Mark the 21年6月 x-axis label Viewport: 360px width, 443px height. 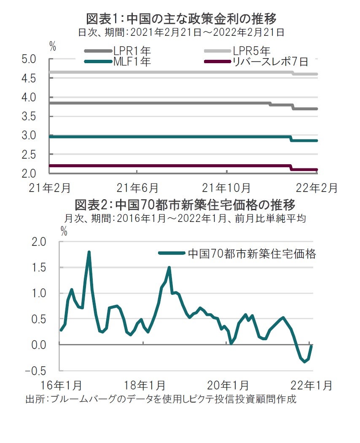coord(137,187)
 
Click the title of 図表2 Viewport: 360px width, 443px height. coord(185,205)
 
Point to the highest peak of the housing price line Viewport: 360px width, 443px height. coord(89,252)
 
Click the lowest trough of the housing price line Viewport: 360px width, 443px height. coord(304,362)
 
